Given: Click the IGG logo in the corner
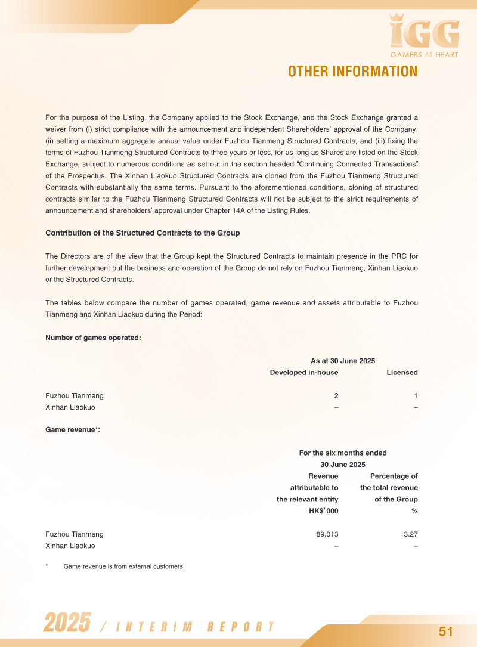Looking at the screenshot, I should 424,32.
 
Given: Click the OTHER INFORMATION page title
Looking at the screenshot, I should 352,72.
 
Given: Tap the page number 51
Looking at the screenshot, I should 446,631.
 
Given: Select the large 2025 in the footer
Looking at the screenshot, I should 67,623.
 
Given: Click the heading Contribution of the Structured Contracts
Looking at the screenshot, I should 143,233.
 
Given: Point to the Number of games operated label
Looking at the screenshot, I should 93,338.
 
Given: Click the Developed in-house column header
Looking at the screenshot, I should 303,373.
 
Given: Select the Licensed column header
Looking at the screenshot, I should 402,373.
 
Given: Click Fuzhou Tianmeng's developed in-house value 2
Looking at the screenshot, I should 336,396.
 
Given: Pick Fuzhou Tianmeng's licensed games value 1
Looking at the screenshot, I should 416,396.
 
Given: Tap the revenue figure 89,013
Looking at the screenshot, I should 327,534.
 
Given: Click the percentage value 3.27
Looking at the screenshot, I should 410,534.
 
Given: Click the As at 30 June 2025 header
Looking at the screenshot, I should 343,361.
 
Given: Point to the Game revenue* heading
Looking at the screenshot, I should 73,430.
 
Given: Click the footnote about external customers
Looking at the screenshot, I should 123,566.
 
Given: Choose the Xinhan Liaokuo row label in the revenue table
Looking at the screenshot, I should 70,546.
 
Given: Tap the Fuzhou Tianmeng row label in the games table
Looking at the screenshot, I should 74,396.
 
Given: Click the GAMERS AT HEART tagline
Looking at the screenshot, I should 424,55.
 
